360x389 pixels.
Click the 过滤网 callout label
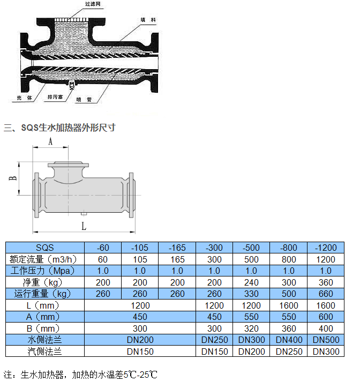coord(93,4)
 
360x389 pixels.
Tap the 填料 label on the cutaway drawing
coord(148,20)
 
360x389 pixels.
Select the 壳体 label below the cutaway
coord(24,98)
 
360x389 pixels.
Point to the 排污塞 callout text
coord(55,97)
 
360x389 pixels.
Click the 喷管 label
coord(84,100)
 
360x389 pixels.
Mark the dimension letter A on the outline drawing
coord(50,141)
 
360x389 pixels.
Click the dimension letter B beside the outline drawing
coord(13,178)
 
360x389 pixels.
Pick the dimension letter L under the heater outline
coord(84,226)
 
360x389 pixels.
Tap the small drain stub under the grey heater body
coord(84,213)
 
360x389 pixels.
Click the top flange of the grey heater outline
coord(68,164)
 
